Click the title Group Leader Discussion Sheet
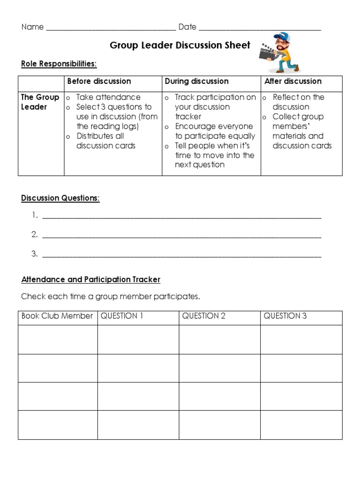tap(180, 45)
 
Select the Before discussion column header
tap(99, 82)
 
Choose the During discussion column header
tap(196, 82)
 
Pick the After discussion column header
tap(292, 82)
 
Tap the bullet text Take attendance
tap(108, 97)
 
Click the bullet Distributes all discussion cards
tap(106, 141)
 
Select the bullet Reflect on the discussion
tap(298, 102)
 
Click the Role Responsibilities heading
tap(59, 64)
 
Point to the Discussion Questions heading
tap(60, 198)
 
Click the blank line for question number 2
tap(182, 236)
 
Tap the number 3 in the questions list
tap(34, 255)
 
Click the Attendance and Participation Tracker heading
tap(90, 280)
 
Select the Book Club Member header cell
tap(57, 316)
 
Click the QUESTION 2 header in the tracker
tap(203, 316)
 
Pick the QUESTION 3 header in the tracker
tap(285, 316)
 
